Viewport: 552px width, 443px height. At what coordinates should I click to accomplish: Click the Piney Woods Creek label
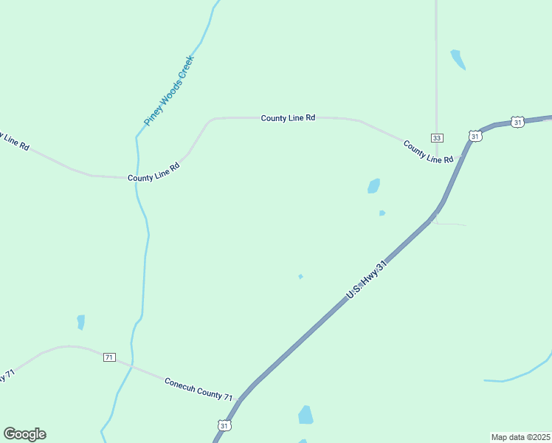coord(169,90)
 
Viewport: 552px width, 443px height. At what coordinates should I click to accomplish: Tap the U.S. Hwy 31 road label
coord(366,281)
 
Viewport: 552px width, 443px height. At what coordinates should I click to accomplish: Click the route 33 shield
coord(437,138)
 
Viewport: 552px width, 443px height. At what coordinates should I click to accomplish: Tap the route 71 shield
coord(109,357)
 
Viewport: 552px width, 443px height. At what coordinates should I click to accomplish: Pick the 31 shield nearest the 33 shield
coord(475,136)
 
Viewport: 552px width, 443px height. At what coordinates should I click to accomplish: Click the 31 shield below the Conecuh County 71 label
coord(224,425)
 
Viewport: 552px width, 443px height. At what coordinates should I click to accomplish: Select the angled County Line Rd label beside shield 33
coord(428,151)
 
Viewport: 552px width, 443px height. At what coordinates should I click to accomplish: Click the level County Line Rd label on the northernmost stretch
coord(288,117)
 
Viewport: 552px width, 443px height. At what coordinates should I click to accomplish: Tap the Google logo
coord(24,434)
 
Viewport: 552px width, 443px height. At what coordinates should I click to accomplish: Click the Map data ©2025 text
coord(521,437)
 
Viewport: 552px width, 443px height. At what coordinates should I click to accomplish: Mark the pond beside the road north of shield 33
coord(458,59)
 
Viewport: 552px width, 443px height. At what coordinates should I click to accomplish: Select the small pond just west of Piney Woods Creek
coord(80,322)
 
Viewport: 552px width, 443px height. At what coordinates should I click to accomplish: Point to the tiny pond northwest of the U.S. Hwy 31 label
coord(300,277)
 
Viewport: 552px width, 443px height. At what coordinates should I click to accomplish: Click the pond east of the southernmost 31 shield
coord(306,415)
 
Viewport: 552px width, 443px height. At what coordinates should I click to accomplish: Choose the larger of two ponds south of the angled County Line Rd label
coord(374,186)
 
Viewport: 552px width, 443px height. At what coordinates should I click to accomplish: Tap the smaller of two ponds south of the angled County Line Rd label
coord(382,213)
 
